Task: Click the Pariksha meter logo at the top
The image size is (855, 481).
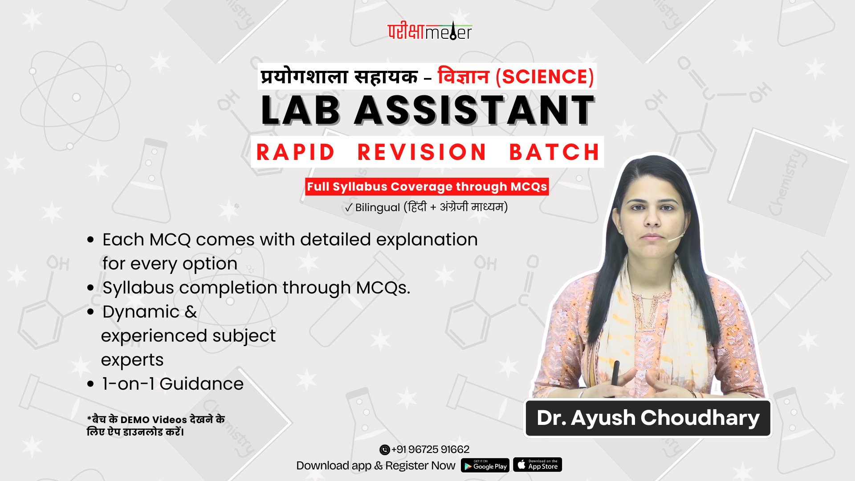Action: [430, 31]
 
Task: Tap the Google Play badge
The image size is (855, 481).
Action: [485, 465]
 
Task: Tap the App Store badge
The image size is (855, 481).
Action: [537, 465]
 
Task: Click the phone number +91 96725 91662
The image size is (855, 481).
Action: [430, 449]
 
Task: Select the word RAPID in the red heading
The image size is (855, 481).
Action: [296, 152]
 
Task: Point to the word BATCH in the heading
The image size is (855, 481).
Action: [555, 152]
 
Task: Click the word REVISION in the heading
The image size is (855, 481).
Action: [422, 152]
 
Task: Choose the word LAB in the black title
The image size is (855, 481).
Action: [301, 110]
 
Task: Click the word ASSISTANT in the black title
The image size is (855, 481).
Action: [475, 110]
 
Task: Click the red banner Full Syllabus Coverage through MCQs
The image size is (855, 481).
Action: [427, 187]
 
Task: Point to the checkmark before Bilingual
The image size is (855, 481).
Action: [349, 208]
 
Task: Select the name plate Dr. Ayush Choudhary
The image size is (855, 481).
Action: [648, 418]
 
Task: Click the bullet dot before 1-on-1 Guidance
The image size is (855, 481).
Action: [91, 384]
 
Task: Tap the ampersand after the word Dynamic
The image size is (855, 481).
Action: [191, 312]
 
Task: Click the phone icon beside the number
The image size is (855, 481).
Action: [385, 450]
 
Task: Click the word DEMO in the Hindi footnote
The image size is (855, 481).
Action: [135, 420]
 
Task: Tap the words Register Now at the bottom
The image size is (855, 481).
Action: [420, 465]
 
